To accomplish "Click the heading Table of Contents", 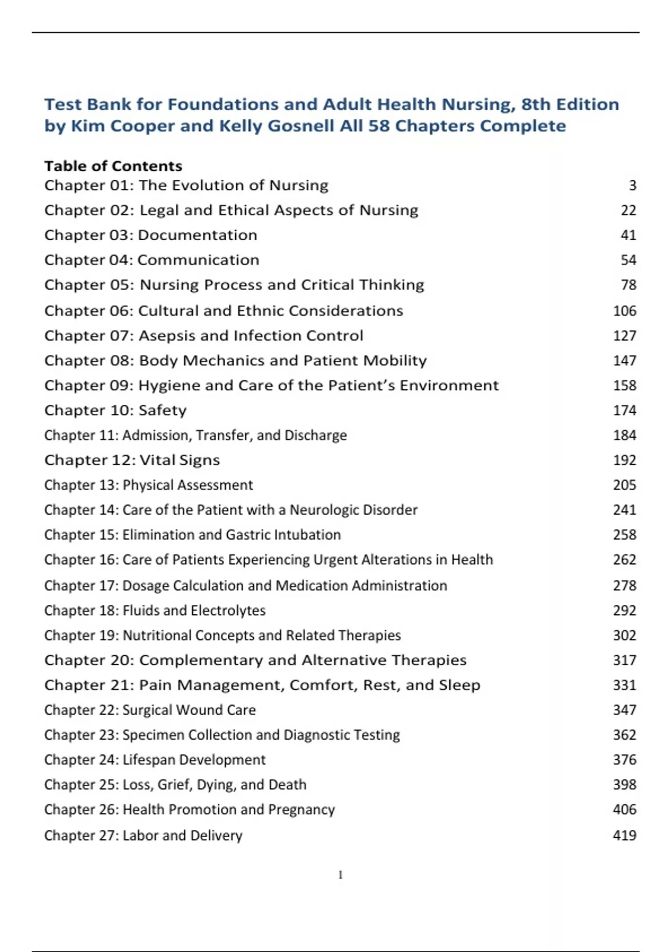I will (x=113, y=166).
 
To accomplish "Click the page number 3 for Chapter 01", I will (x=632, y=185).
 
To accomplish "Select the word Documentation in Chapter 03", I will (x=198, y=235).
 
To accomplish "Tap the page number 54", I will (x=628, y=260).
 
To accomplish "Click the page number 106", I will (x=624, y=311).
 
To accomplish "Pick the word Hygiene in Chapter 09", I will (x=164, y=385).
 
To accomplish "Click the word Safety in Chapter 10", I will (x=162, y=410).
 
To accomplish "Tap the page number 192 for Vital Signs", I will (x=624, y=460).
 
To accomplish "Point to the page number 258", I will (x=624, y=535).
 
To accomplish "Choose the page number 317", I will (x=624, y=660).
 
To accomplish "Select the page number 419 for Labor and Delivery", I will (x=624, y=836).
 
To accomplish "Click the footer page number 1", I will (x=340, y=875).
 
